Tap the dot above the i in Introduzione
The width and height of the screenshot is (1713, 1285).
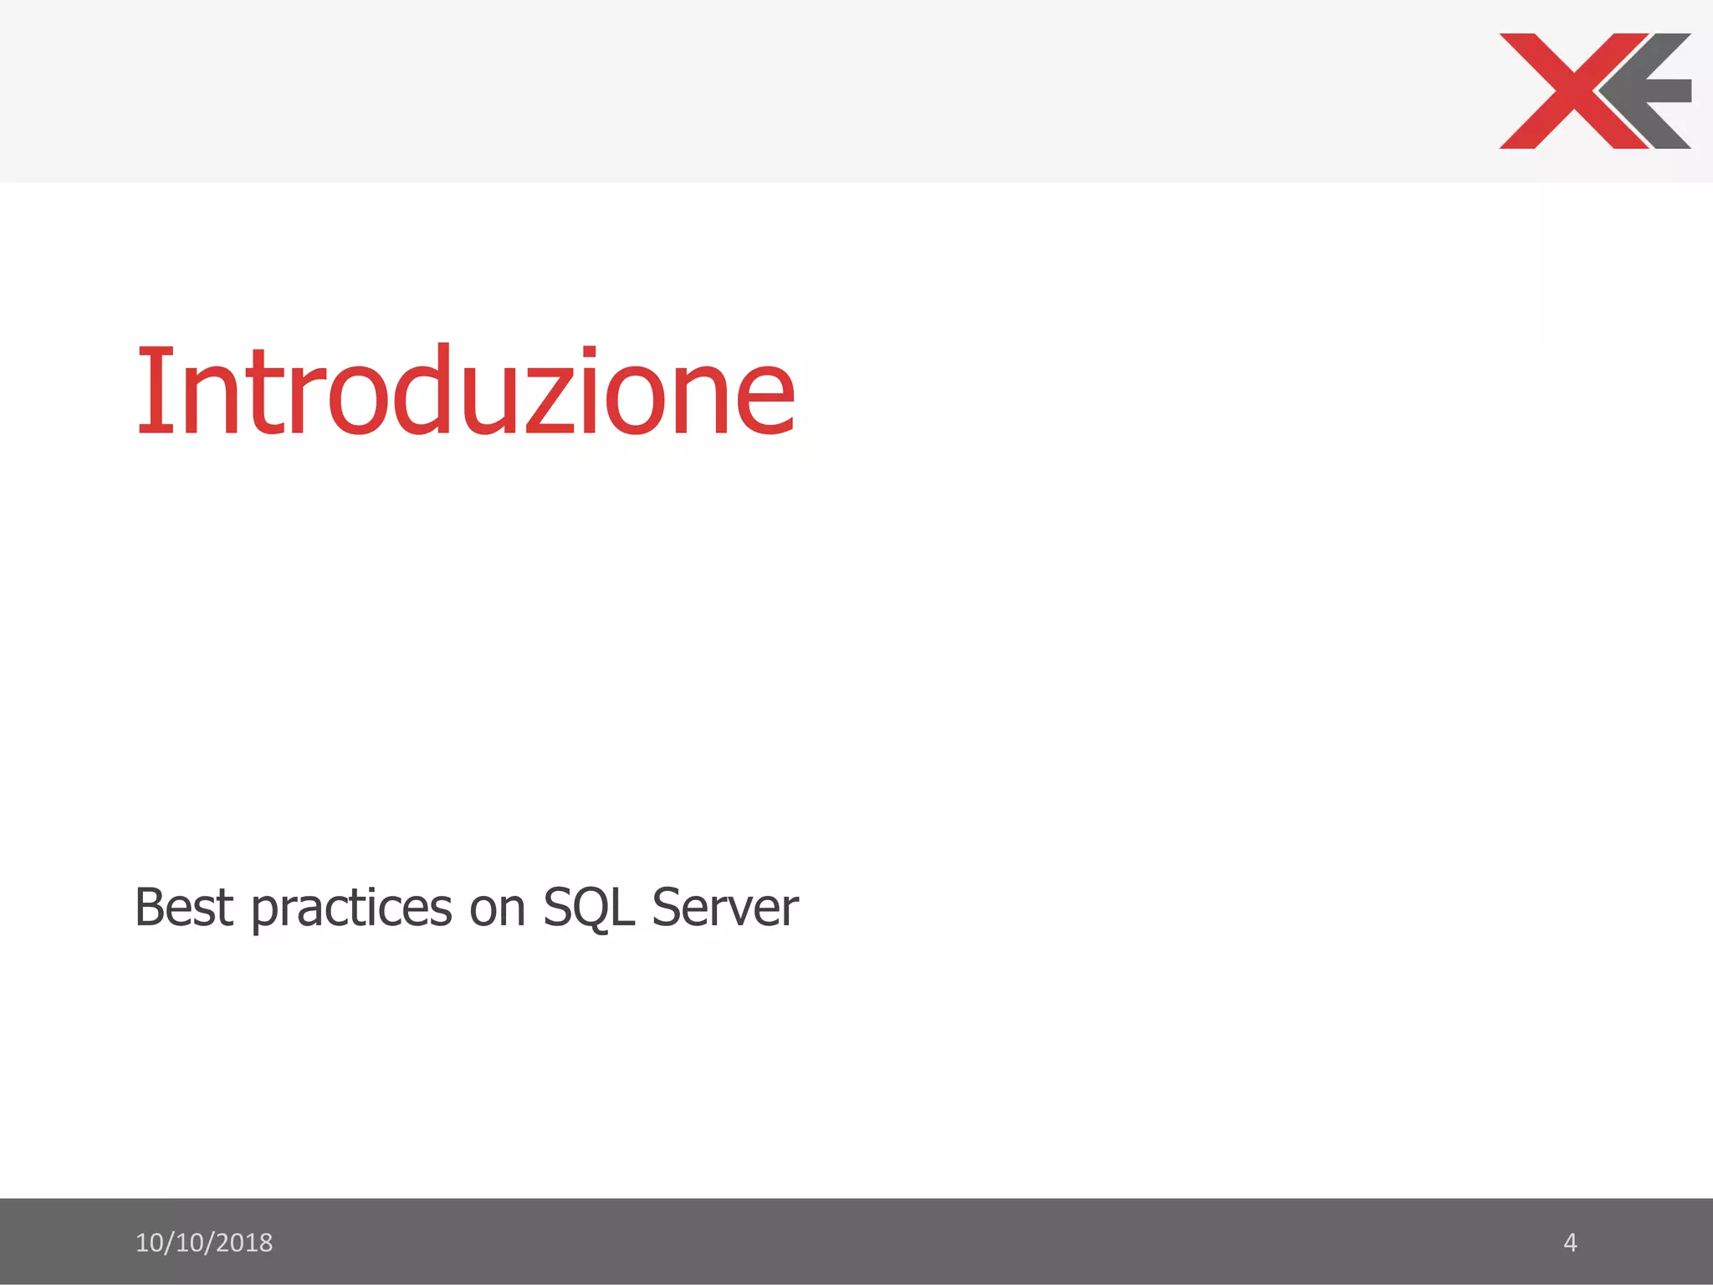tap(590, 351)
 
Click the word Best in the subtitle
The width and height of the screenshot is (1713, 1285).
tap(183, 908)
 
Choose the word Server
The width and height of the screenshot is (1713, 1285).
tap(725, 908)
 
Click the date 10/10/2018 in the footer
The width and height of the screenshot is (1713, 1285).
tap(204, 1243)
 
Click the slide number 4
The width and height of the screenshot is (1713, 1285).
tap(1570, 1243)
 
